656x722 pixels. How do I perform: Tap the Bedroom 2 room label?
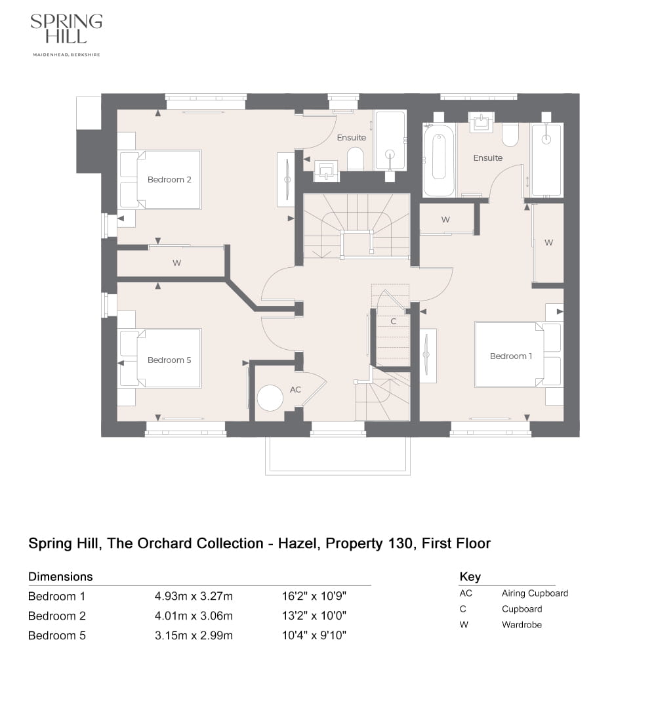click(169, 179)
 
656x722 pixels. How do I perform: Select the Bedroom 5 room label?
click(169, 360)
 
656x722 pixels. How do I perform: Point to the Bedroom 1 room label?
click(511, 356)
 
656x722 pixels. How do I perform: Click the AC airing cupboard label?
click(295, 389)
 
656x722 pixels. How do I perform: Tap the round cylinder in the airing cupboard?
click(270, 398)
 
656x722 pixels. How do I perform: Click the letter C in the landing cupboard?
click(393, 322)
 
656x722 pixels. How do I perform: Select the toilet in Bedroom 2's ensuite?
click(355, 158)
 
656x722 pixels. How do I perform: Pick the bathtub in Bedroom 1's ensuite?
click(439, 160)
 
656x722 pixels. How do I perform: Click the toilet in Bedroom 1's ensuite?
click(510, 135)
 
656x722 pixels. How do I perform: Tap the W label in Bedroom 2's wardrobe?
click(176, 263)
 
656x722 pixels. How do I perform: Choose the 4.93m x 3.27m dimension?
click(194, 596)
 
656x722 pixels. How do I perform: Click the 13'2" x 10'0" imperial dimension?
click(313, 616)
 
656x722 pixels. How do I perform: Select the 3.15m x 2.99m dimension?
click(194, 635)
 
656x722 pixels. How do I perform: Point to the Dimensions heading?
click(60, 576)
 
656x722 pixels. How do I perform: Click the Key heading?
click(470, 576)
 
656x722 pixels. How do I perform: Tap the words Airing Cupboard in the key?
click(535, 593)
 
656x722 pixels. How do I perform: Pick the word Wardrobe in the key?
click(522, 625)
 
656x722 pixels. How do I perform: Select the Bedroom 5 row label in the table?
click(57, 635)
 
